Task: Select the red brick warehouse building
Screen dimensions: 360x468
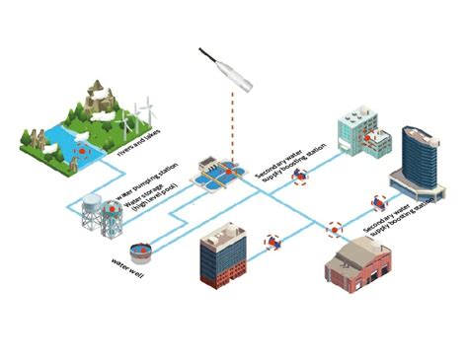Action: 361,269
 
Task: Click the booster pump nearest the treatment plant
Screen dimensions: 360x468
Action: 296,178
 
